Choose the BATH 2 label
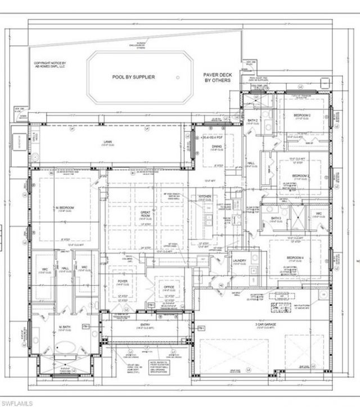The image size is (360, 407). coord(253,121)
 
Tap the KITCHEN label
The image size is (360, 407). coord(204,197)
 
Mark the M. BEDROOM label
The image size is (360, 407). coord(65,208)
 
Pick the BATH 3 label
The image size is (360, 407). coord(276,218)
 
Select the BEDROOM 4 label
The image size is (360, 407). coord(295,257)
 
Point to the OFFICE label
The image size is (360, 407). coord(169,287)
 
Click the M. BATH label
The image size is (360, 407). coord(62,327)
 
